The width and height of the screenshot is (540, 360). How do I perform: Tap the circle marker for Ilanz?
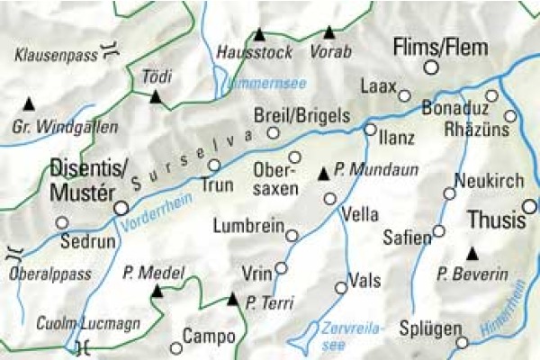[x=370, y=130]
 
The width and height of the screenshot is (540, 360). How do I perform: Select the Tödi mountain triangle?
[x=156, y=95]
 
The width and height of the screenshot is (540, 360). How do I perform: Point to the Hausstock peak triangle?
[x=259, y=35]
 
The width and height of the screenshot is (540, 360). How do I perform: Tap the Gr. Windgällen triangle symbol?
[x=29, y=103]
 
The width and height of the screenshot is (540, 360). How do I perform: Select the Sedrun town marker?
[x=62, y=222]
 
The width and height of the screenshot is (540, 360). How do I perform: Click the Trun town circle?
[x=214, y=165]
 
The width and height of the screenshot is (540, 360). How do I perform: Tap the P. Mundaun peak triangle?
[x=323, y=171]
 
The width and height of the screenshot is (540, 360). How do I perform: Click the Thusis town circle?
[x=529, y=207]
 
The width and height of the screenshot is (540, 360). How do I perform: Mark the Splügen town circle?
[x=463, y=342]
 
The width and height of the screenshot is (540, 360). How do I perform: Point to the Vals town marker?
[x=340, y=288]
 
